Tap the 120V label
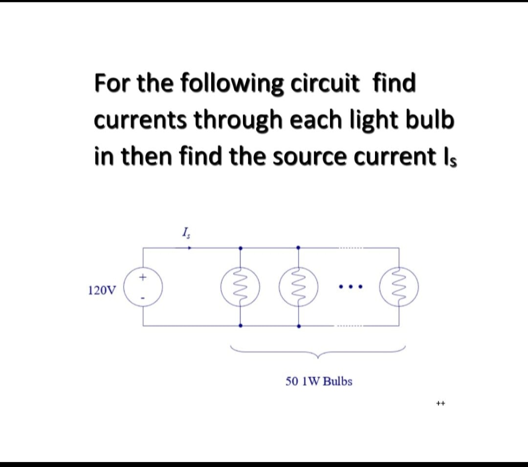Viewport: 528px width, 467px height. [x=103, y=291]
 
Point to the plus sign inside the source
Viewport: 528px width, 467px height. [x=143, y=278]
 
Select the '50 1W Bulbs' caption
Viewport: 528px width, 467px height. [x=319, y=381]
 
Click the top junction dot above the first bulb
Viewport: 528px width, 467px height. [x=240, y=248]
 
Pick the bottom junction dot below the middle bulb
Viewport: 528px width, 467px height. [x=299, y=326]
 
